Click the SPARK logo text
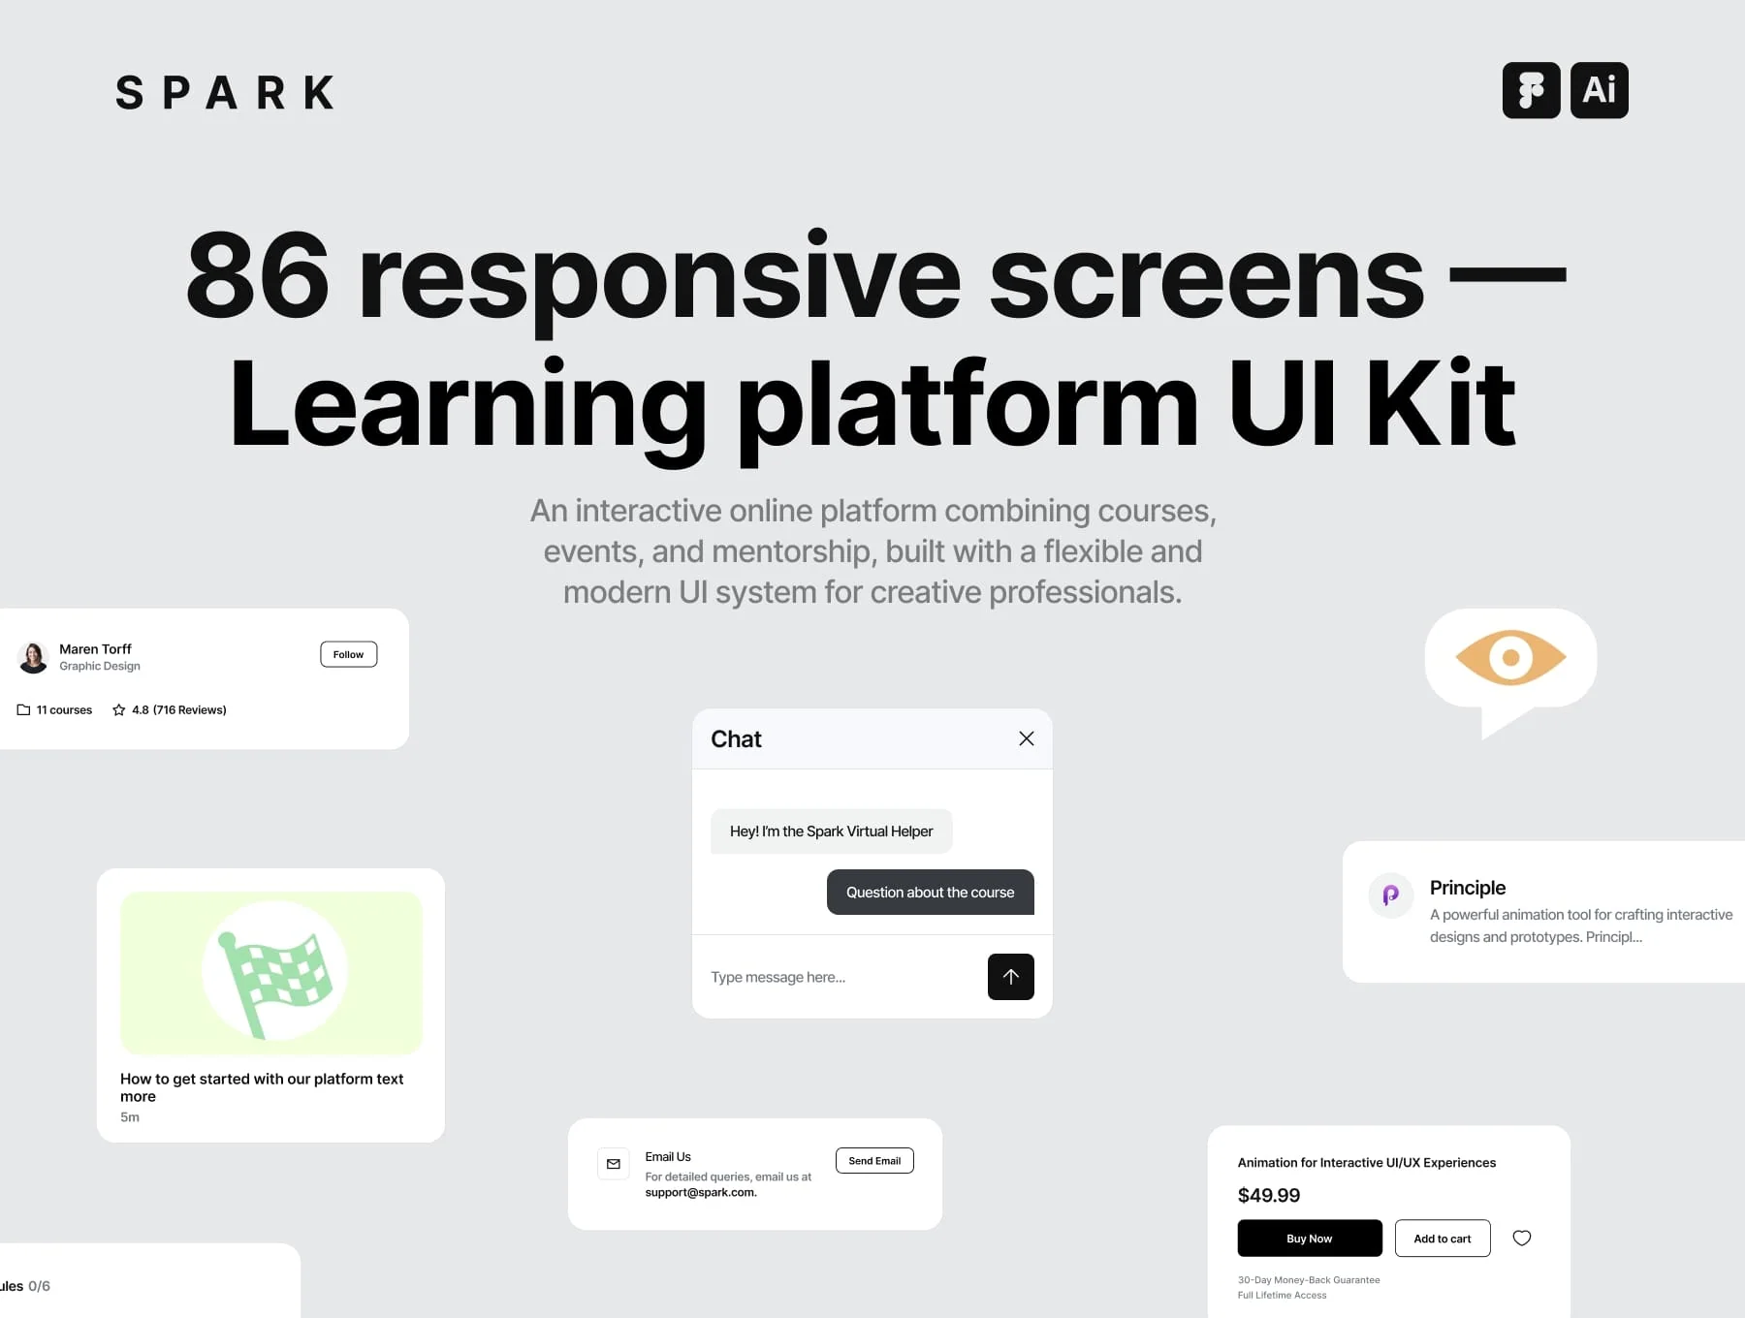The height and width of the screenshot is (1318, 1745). tap(225, 93)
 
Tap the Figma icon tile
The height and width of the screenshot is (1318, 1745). tap(1531, 90)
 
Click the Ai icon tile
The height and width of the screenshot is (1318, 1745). tap(1599, 90)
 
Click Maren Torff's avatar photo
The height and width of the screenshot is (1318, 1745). tap(33, 657)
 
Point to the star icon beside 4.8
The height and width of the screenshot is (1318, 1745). tap(119, 710)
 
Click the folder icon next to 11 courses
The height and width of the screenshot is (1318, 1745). tap(23, 710)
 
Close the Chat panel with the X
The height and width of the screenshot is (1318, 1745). tap(1027, 738)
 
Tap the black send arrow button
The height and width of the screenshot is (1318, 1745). tap(1011, 977)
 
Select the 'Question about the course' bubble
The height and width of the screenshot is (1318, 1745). tap(931, 893)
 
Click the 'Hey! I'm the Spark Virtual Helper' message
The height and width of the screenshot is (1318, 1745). tap(832, 832)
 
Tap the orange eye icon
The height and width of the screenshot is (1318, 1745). tap(1510, 658)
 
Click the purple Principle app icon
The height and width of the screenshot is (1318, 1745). tap(1391, 894)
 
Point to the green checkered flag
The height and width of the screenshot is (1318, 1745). tap(274, 982)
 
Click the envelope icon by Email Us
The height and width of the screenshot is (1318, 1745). tap(614, 1164)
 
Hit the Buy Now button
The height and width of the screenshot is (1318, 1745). tap(1310, 1239)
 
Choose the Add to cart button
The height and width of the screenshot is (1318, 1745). tap(1443, 1239)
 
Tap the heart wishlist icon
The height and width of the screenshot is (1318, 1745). tap(1522, 1238)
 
